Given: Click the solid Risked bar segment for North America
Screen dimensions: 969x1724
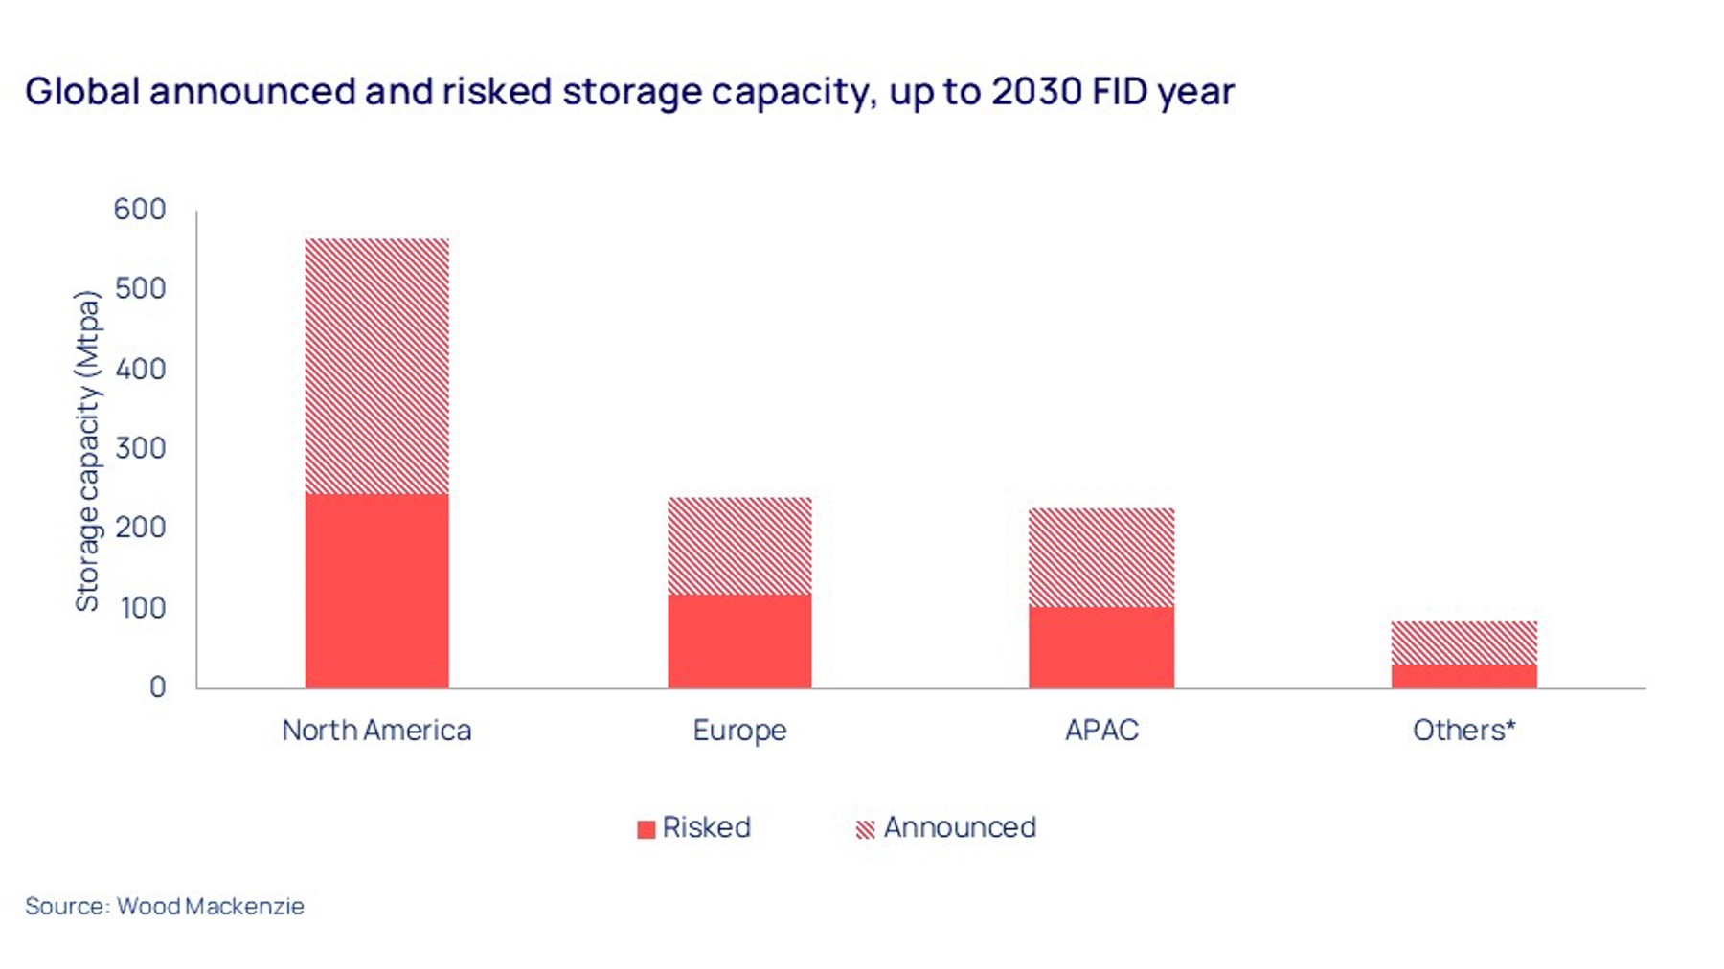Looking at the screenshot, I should (x=376, y=591).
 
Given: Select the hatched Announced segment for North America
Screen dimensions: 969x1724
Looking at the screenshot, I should (x=376, y=366).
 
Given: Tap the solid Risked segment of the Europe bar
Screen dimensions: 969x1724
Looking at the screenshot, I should (x=739, y=641).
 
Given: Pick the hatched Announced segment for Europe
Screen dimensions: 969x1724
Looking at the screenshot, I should (x=739, y=546).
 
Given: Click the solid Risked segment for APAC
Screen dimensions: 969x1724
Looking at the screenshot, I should (x=1101, y=646).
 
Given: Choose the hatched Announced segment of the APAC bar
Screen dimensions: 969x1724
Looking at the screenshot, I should (x=1101, y=556).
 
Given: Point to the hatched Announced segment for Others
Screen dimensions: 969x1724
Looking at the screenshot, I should (x=1463, y=642).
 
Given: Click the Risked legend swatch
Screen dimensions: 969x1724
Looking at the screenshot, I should (x=646, y=829).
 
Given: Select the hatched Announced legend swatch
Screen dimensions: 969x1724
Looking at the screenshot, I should (x=865, y=829).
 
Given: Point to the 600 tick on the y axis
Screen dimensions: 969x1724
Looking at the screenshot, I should (x=140, y=209).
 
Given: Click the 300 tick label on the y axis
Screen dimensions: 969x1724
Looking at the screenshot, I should (x=140, y=448).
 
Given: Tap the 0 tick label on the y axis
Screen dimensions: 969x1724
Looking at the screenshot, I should (x=157, y=687).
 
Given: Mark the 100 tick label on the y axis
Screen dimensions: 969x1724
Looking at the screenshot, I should (x=142, y=607).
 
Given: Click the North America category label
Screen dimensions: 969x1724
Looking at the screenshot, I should (x=376, y=731).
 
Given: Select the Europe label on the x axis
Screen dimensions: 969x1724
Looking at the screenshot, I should (x=739, y=731).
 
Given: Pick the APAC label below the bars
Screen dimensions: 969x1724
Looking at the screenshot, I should (x=1101, y=731).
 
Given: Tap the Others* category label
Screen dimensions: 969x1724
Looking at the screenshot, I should (x=1463, y=731).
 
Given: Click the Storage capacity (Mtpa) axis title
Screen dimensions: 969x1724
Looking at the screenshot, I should (x=87, y=450).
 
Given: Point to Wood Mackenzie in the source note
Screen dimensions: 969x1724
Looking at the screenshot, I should (x=211, y=906).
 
